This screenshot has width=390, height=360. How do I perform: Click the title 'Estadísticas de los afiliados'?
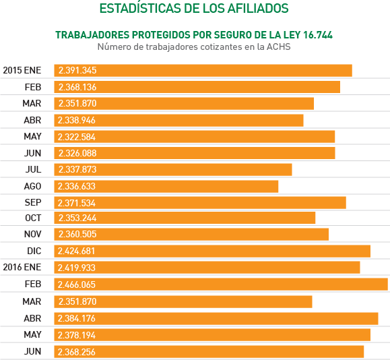[194, 9]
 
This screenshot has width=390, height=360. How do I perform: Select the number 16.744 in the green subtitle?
[315, 34]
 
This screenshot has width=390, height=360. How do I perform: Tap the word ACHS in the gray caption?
[278, 47]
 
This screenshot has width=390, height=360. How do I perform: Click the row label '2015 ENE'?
[22, 71]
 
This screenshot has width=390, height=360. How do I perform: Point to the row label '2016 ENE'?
[22, 267]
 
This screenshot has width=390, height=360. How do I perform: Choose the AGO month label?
[33, 185]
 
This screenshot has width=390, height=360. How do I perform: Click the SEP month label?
[33, 202]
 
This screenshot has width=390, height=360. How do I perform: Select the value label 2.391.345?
[77, 71]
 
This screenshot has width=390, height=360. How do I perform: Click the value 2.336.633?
[77, 185]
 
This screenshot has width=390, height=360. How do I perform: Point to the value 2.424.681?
[77, 251]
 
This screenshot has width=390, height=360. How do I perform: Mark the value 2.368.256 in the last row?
[77, 351]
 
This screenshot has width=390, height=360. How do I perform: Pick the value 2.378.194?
[77, 334]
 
